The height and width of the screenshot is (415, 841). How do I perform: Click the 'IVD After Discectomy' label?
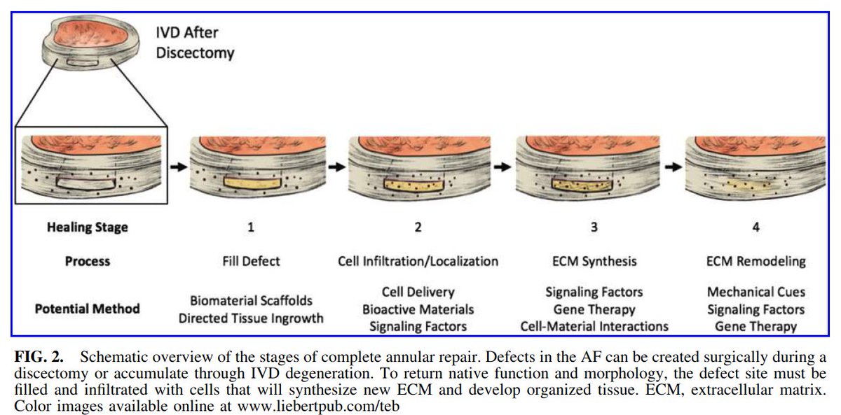coord(195,42)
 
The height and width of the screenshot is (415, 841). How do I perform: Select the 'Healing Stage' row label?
coord(87,227)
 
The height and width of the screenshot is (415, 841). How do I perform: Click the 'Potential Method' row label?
coord(87,308)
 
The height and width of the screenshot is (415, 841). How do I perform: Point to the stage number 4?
coord(755,227)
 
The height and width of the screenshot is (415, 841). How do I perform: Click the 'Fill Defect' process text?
coord(250,261)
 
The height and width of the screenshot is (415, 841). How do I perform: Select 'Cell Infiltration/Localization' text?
coord(418,261)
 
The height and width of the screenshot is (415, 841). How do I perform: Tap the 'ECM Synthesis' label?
coord(594,261)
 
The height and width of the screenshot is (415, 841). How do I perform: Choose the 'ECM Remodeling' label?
coord(755,261)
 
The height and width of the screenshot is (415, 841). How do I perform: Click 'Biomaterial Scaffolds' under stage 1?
coord(250,301)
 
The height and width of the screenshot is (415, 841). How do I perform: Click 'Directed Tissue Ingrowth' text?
coord(250,318)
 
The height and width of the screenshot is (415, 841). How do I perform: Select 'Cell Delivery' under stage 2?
coord(418,292)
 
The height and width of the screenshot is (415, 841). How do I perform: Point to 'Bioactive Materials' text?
coord(418,309)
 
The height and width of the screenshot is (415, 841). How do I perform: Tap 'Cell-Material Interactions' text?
coord(594,326)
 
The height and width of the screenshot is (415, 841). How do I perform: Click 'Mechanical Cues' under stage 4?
coord(755,292)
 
